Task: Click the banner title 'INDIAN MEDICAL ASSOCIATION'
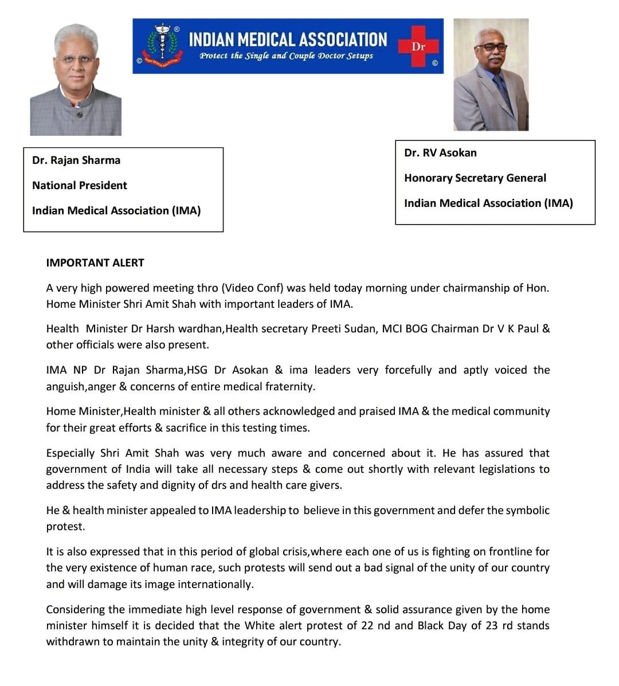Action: pyautogui.click(x=288, y=39)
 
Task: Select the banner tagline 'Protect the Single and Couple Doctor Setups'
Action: pyautogui.click(x=286, y=56)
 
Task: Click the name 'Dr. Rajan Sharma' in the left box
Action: pyautogui.click(x=76, y=160)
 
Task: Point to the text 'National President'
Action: pyautogui.click(x=80, y=185)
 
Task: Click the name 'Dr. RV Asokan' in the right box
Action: pyautogui.click(x=440, y=152)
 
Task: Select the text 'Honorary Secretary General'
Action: pyautogui.click(x=475, y=178)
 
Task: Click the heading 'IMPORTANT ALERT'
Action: pyautogui.click(x=95, y=262)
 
